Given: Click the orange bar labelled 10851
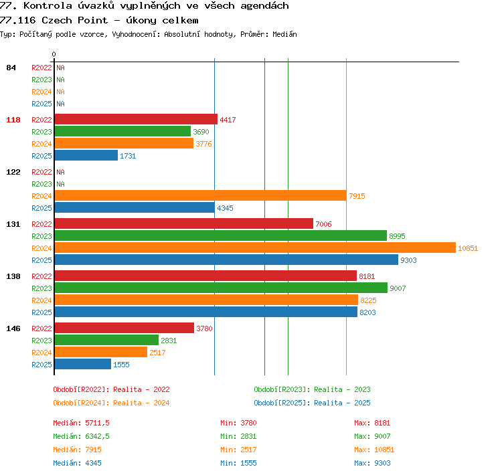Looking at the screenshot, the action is coord(255,248).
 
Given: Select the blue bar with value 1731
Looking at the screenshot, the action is coord(86,156).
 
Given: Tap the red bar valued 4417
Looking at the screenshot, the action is coord(136,119).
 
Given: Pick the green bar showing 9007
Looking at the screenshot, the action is coord(221,288).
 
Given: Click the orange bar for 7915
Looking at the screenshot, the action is coord(200,195).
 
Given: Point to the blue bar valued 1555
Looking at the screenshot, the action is coord(83,364).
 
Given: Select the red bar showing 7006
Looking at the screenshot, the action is coord(184,223).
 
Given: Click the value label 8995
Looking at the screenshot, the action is coord(397,236).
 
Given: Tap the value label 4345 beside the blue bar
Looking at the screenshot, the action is coord(225,208).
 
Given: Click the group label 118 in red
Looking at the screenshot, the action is coord(13,120).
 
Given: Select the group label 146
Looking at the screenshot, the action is coord(13,328).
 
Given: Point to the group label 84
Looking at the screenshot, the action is coord(11,68).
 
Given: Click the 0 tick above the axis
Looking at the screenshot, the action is coord(54,54).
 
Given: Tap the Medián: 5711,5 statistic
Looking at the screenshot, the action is coord(81,423).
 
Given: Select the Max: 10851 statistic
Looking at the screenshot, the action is coord(374,450).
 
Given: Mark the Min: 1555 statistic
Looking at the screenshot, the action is coord(238,463).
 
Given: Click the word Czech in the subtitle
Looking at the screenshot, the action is coord(57,21).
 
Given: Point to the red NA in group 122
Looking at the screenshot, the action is coord(60,172).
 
